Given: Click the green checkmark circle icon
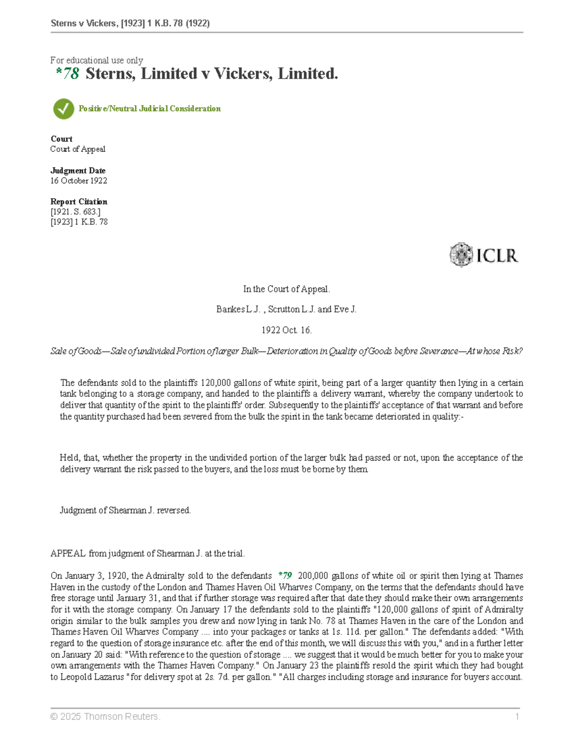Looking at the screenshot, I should (x=63, y=109).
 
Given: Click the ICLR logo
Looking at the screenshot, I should (x=484, y=255).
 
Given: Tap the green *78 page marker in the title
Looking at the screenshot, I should (x=67, y=74).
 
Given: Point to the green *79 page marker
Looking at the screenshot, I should (x=285, y=576).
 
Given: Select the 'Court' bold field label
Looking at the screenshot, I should (x=61, y=139).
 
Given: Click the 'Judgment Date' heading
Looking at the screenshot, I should (x=78, y=171).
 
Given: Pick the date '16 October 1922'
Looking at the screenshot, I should (x=78, y=181).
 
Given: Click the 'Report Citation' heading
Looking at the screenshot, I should (x=79, y=202).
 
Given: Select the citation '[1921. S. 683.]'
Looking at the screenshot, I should (x=75, y=212).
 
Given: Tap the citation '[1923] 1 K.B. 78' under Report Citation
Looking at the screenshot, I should (x=79, y=222).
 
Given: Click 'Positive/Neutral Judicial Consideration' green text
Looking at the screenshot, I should (x=150, y=109).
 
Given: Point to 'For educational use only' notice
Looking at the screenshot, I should (x=97, y=60).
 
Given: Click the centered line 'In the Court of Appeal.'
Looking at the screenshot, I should (x=287, y=289).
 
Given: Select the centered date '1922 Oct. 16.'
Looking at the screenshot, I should (x=287, y=330).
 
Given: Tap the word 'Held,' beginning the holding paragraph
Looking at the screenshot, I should (x=70, y=458).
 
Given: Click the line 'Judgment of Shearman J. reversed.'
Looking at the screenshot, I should (x=125, y=510).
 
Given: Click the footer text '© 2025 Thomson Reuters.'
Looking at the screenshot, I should (x=105, y=717).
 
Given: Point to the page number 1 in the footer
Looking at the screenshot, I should (x=517, y=717).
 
